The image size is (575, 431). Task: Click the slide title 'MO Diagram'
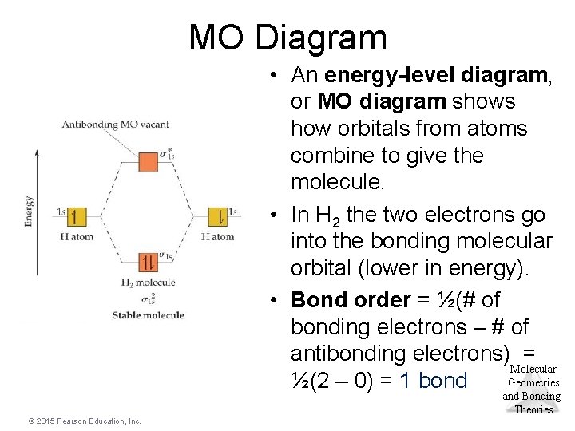point(287,38)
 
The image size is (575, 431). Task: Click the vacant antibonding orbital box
point(149,162)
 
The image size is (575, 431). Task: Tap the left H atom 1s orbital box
point(77,217)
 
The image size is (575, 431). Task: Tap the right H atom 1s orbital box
point(216,217)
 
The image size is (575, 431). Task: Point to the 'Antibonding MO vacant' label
point(115,124)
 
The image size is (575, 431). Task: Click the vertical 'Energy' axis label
point(30,212)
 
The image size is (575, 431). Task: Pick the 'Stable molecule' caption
point(148,315)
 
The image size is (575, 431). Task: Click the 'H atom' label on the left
point(77,237)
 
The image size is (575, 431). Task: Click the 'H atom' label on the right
point(217,237)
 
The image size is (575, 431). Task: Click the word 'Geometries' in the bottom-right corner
point(533,383)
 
